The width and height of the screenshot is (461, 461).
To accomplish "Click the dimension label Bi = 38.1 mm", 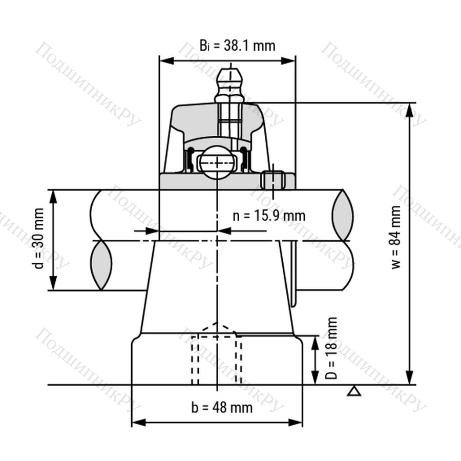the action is coord(238,46).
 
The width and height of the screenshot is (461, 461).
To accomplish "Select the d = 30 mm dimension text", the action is coord(38,238).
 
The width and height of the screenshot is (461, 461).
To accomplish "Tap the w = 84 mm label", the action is coord(396,237).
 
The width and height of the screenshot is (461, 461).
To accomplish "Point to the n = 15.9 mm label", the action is coord(269,216).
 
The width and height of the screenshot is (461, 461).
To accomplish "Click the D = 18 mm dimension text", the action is coord(331,348).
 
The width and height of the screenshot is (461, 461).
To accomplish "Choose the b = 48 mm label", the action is coord(222,408).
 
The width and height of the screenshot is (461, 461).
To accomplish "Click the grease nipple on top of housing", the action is coord(230,86).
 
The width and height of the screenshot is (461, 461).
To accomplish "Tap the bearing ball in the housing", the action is coord(217,162).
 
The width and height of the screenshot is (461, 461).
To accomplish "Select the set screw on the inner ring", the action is coord(273,180).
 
